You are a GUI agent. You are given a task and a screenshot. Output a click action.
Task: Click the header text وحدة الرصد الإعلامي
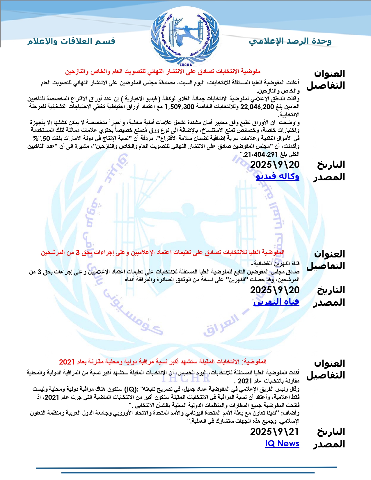[290, 41]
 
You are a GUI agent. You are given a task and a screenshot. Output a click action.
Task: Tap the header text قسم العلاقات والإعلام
[72, 41]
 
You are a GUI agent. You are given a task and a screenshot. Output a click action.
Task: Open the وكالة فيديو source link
[277, 176]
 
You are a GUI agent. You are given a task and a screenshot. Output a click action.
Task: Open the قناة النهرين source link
[276, 302]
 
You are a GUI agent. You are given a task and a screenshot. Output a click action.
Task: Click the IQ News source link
[282, 444]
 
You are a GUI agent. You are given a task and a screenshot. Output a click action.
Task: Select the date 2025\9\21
[275, 432]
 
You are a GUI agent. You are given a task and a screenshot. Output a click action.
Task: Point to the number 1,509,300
[180, 107]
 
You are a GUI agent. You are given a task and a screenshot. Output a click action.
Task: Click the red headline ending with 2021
[163, 362]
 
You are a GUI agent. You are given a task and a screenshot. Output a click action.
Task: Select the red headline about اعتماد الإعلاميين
[163, 253]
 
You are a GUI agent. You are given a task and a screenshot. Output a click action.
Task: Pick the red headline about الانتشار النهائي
[163, 72]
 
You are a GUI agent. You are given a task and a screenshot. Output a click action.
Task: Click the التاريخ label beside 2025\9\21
[331, 432]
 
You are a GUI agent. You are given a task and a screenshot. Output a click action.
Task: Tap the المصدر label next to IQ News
[329, 444]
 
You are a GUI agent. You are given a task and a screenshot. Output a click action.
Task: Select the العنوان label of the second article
[329, 254]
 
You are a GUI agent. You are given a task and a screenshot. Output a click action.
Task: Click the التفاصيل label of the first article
[326, 86]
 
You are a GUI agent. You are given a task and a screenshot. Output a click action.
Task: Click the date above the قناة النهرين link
[275, 290]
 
